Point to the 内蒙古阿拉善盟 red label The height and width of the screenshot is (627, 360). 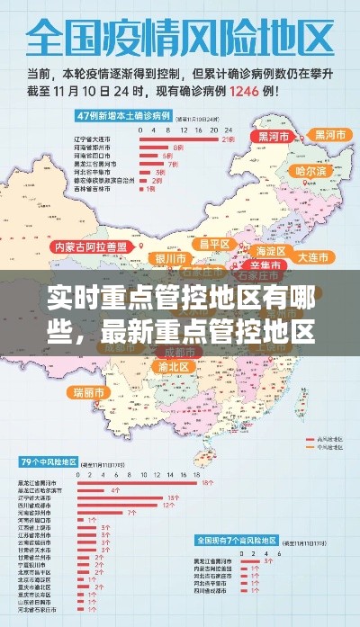[x=94, y=246]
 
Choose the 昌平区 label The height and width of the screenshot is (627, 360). [x=215, y=245]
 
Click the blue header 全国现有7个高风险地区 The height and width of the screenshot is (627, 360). [x=238, y=542]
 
